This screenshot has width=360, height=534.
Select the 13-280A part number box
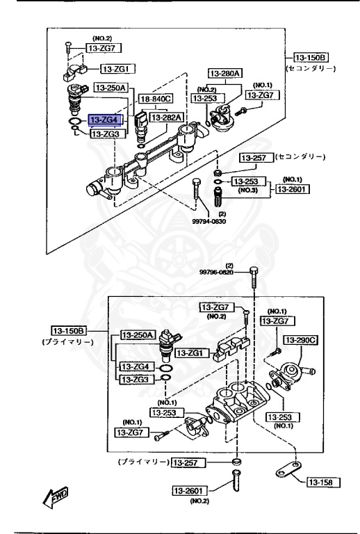(x=227, y=72)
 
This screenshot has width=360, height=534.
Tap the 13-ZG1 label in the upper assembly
(x=119, y=69)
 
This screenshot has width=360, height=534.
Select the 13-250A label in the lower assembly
(x=138, y=335)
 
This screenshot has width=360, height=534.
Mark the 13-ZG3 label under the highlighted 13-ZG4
(x=106, y=133)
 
